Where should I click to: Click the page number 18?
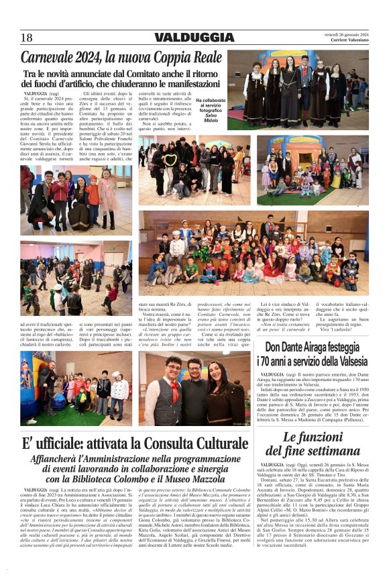27,38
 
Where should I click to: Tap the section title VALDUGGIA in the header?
194,38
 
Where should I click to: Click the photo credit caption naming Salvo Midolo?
207,109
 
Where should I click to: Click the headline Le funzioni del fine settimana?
313,444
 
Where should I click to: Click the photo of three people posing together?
195,389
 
